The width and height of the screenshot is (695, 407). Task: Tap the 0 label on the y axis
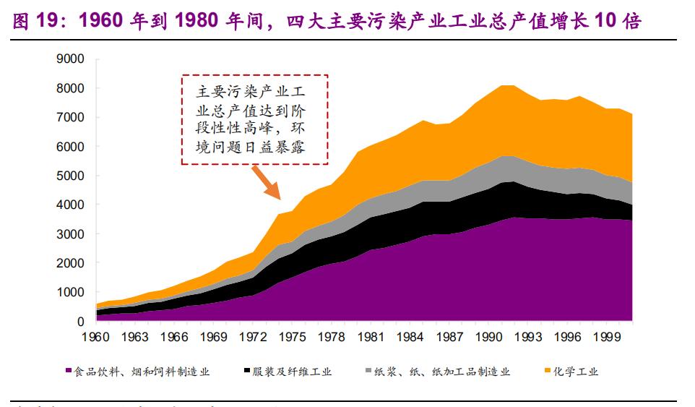click(x=80, y=322)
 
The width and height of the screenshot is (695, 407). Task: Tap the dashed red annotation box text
click(x=254, y=119)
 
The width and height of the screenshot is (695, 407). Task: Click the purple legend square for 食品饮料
click(x=69, y=372)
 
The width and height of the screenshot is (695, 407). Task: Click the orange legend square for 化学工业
click(x=547, y=372)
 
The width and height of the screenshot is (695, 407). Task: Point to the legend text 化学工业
click(x=577, y=372)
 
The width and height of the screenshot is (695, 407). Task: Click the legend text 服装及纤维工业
click(x=292, y=372)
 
